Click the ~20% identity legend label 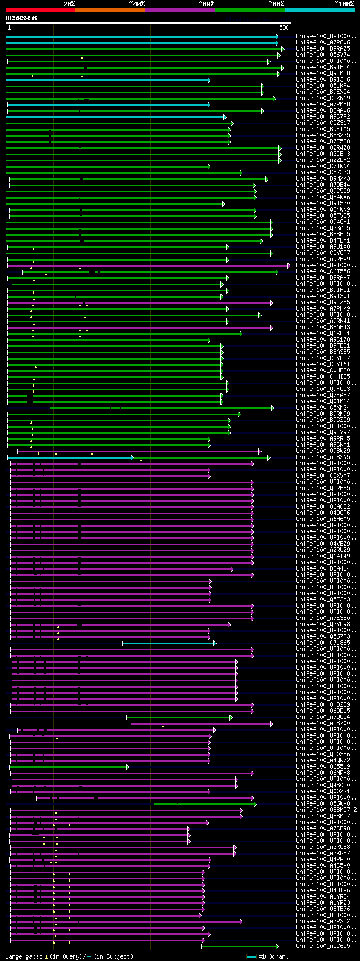click(69, 3)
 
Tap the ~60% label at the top click(206, 3)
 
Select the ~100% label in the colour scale click(344, 3)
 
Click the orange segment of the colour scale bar click(110, 10)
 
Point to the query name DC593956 click(21, 18)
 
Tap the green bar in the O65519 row click(67, 767)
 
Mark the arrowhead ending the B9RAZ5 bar click(283, 49)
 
